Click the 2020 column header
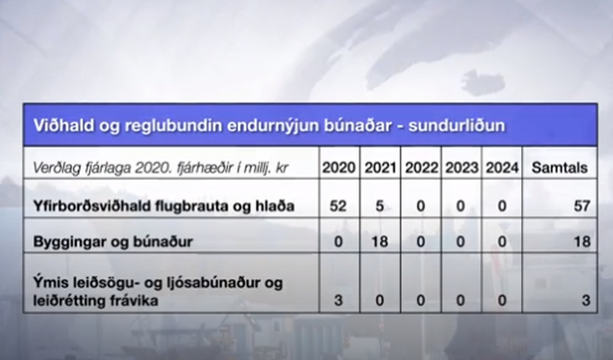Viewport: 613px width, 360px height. pos(339,168)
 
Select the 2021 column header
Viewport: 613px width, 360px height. pos(380,168)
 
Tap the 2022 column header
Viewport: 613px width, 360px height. pos(421,168)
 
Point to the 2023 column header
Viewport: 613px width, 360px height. pos(462,168)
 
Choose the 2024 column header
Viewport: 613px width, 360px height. pos(502,168)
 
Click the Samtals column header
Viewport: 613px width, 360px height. pos(560,168)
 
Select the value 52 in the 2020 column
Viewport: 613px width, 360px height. pos(338,205)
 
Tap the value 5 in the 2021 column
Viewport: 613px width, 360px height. pos(380,205)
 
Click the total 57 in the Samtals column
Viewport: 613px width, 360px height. pos(582,205)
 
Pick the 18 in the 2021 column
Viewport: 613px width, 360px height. pos(380,241)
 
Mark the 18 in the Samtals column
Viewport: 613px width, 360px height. pos(582,241)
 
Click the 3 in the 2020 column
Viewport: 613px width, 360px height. pos(338,300)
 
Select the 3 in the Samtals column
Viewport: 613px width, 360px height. pos(585,300)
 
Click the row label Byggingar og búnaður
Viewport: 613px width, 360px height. pos(113,241)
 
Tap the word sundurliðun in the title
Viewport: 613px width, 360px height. pos(457,125)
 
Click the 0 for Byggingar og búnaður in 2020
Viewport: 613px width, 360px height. pos(338,241)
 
